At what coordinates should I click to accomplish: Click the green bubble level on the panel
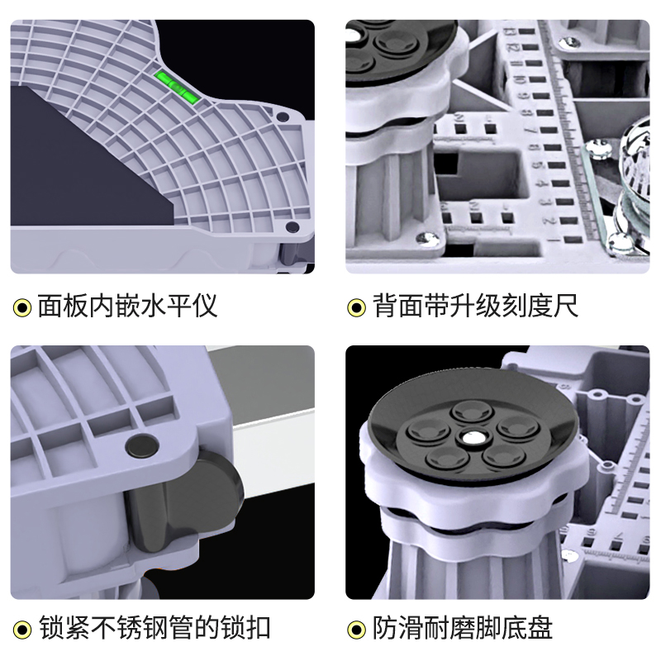[x=178, y=85]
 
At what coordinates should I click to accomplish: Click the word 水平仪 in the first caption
[x=182, y=307]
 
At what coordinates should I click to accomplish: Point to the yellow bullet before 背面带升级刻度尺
[x=356, y=308]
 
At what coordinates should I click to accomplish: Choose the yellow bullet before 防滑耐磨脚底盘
[x=356, y=630]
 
